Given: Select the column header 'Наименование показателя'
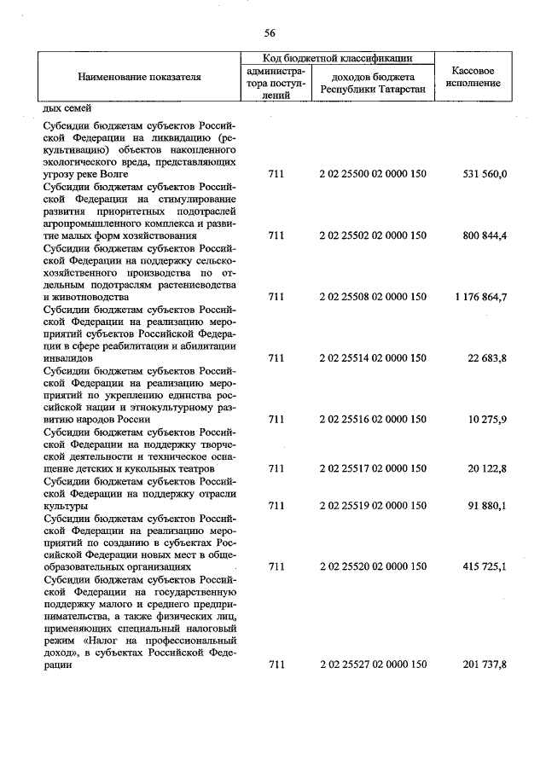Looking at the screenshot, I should pos(139,77).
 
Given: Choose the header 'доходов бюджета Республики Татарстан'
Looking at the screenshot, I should pos(372,83).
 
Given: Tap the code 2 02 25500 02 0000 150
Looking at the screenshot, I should pos(372,174).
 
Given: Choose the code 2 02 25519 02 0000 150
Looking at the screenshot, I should pos(372,506).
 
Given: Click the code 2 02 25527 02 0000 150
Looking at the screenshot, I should pos(372,665).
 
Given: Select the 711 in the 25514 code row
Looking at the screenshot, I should pos(275,358).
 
